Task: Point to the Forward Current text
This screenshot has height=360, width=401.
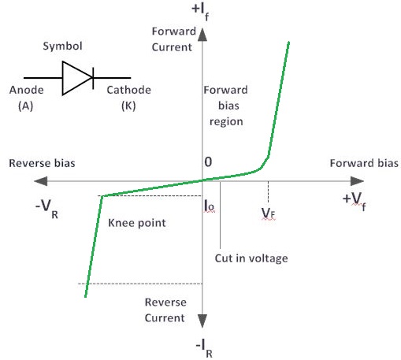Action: [x=184, y=39]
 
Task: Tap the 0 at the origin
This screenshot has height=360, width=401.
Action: [x=209, y=161]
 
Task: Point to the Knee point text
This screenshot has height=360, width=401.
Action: [x=136, y=223]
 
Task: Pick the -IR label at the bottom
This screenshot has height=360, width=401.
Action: [x=204, y=347]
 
